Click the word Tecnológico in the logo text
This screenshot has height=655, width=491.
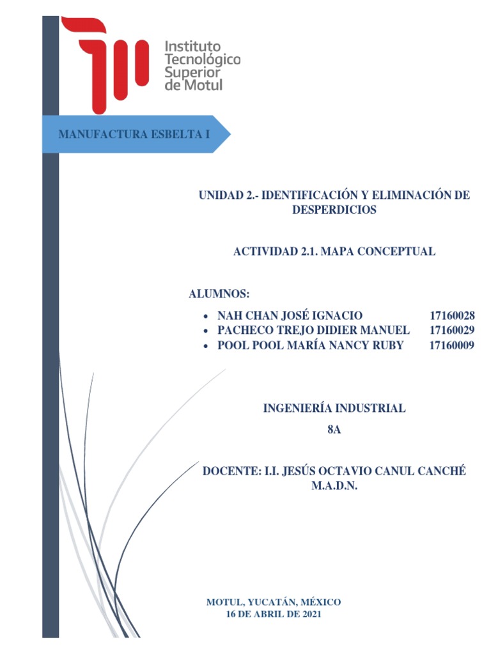[202, 59]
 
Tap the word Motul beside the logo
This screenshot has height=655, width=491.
[203, 84]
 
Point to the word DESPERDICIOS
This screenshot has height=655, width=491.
[334, 210]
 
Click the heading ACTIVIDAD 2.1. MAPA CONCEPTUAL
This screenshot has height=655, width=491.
[334, 251]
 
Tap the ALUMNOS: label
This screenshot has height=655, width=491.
[219, 294]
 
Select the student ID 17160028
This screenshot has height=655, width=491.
[452, 315]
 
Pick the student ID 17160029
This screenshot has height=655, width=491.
[452, 331]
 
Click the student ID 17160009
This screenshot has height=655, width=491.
[452, 346]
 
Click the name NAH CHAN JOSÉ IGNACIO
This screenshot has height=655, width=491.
[290, 315]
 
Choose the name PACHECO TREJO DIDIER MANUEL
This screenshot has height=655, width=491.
[313, 331]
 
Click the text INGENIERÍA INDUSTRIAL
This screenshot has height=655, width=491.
[334, 408]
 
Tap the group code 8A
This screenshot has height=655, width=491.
[334, 430]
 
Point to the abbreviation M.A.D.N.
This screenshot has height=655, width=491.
[334, 487]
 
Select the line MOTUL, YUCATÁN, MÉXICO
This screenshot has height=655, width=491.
[274, 602]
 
